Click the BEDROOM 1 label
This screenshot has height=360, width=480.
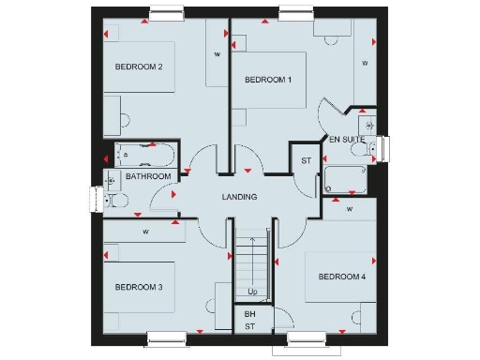point(268,80)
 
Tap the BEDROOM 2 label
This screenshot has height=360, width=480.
point(140,67)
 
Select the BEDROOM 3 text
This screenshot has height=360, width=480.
point(140,287)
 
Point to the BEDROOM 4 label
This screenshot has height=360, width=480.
point(341,277)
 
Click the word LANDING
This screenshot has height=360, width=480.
point(239,197)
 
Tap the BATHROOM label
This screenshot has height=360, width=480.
point(149,176)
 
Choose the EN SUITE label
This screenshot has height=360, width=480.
point(347,140)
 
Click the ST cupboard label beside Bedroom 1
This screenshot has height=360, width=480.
point(306,161)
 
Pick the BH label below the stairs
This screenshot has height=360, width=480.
point(249,314)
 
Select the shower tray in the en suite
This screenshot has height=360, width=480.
point(347,179)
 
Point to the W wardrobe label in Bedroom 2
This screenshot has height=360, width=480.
point(217,54)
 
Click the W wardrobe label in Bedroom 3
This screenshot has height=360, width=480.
point(146,232)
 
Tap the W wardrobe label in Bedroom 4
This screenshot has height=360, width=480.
point(349,209)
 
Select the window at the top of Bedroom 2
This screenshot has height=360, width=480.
point(166,12)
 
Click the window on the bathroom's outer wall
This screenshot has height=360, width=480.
point(96,200)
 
